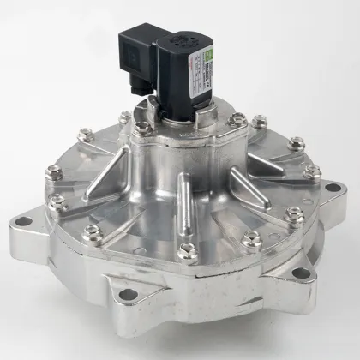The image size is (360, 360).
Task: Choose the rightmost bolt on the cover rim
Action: pyautogui.click(x=313, y=171)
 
